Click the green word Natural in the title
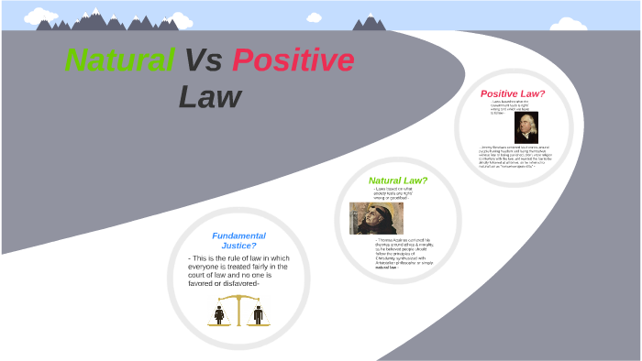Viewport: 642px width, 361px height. [120, 60]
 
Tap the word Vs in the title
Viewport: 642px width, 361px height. [203, 60]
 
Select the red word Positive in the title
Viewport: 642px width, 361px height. [293, 60]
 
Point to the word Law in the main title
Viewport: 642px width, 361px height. [210, 96]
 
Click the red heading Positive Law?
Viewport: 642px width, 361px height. [513, 93]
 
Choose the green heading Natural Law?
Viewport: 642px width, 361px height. [398, 180]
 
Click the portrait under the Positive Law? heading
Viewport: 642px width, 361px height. [526, 127]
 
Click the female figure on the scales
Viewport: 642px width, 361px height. [219, 314]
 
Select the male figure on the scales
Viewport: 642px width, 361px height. [258, 314]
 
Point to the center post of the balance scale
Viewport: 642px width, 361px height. [238, 311]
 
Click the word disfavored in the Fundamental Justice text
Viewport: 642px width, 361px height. [238, 283]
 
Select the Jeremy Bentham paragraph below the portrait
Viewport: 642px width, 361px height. [519, 157]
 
